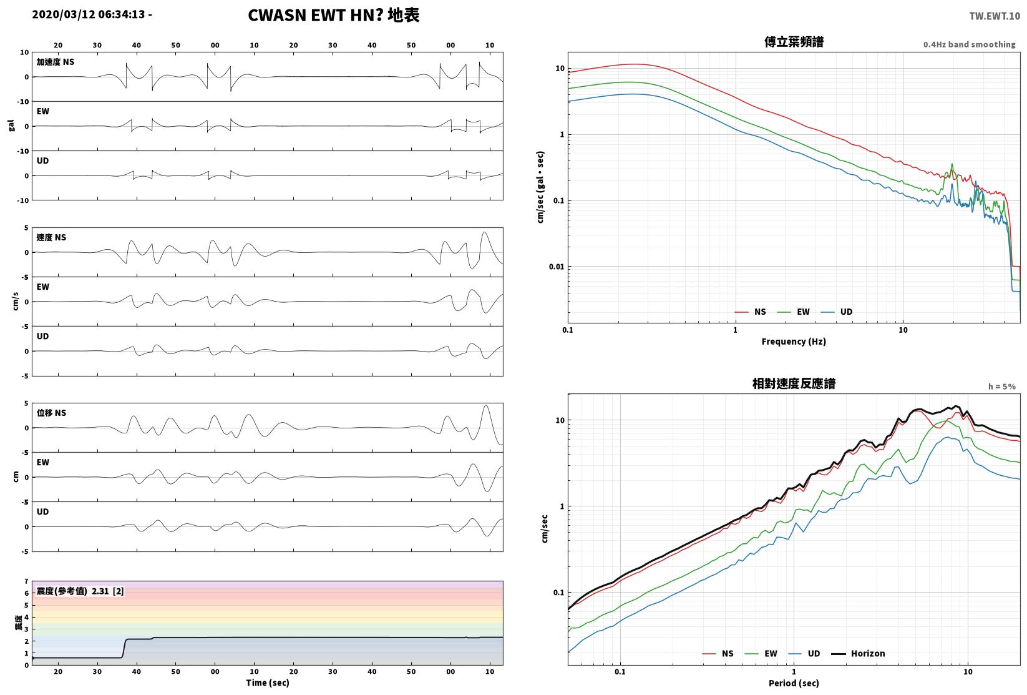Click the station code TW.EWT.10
[995, 16]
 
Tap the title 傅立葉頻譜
[794, 42]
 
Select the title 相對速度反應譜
[794, 383]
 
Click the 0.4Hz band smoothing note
[969, 44]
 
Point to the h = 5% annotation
[1002, 387]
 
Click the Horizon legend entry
[859, 653]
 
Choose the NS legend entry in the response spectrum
[718, 653]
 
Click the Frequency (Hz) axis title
[794, 342]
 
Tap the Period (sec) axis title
[794, 683]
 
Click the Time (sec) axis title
[267, 683]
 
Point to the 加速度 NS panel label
[56, 62]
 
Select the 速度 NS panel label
[51, 237]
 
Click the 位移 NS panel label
[51, 413]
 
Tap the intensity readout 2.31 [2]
[108, 591]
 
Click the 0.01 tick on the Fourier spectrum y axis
[557, 267]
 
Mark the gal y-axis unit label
[11, 126]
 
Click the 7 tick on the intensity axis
[27, 581]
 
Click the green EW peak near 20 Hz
[952, 164]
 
